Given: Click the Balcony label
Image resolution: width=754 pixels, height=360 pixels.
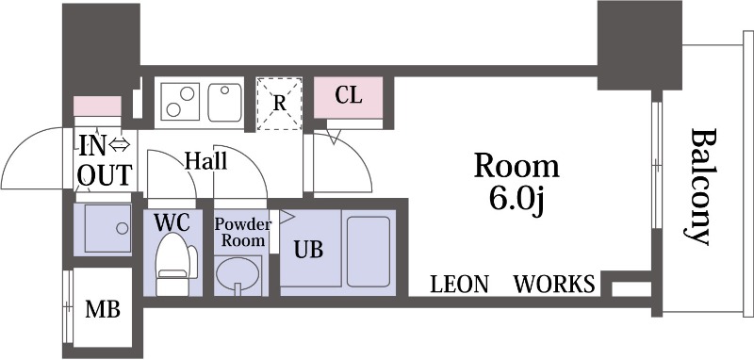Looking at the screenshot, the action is pyautogui.click(x=699, y=187).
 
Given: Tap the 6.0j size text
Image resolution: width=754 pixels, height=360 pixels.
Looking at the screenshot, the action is pyautogui.click(x=516, y=199).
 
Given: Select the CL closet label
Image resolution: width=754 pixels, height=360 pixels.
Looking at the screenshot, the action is pyautogui.click(x=348, y=95).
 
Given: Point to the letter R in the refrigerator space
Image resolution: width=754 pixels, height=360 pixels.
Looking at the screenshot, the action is pyautogui.click(x=279, y=104).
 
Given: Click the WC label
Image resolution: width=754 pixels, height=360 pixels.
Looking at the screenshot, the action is pyautogui.click(x=172, y=222).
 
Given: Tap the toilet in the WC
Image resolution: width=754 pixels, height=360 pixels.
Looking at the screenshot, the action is pyautogui.click(x=175, y=265).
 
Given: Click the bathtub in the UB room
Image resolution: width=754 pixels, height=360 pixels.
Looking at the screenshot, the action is pyautogui.click(x=368, y=252).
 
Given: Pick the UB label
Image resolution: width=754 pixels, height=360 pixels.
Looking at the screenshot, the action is pyautogui.click(x=308, y=250).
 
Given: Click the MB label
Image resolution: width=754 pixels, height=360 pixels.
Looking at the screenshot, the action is pyautogui.click(x=103, y=309).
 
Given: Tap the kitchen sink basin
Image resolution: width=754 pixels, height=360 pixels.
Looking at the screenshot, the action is pyautogui.click(x=224, y=102).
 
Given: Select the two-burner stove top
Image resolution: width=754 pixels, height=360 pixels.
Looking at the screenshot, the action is pyautogui.click(x=180, y=102).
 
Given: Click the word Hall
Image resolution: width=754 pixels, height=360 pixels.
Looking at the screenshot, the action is pyautogui.click(x=205, y=160).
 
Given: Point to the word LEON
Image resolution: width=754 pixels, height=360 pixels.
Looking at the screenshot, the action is pyautogui.click(x=459, y=284).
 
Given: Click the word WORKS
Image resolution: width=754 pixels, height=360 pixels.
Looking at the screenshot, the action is pyautogui.click(x=554, y=284).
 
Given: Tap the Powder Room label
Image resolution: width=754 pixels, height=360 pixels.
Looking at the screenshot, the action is pyautogui.click(x=243, y=232).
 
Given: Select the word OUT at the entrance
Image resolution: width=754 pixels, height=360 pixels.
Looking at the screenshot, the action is pyautogui.click(x=105, y=174).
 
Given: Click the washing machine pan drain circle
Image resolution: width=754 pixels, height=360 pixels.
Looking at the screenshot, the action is pyautogui.click(x=123, y=228).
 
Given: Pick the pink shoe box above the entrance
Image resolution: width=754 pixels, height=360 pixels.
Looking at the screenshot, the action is pyautogui.click(x=97, y=106).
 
